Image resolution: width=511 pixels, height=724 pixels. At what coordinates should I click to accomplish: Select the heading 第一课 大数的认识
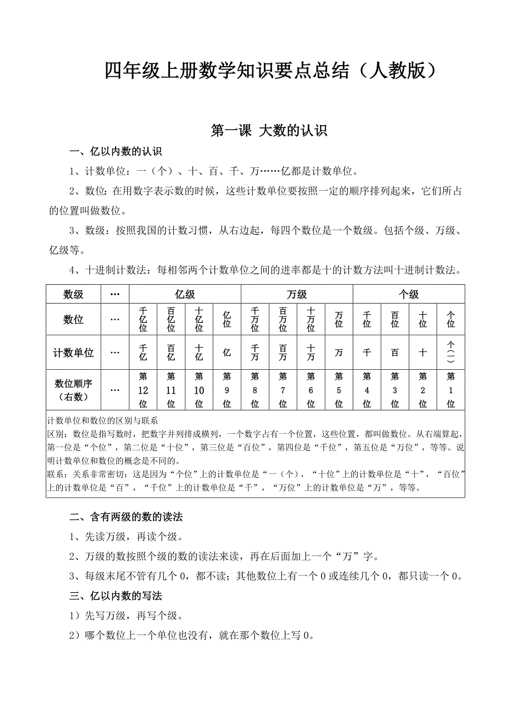(x=269, y=131)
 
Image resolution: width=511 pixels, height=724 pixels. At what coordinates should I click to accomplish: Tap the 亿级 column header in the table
(x=185, y=294)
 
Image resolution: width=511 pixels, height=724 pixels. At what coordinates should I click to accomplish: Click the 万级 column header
(x=297, y=294)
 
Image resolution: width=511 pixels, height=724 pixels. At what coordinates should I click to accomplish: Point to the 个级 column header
(x=409, y=294)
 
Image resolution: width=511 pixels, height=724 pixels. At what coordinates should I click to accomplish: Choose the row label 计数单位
(x=73, y=353)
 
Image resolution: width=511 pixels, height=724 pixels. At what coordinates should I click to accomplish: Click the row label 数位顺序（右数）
(x=73, y=390)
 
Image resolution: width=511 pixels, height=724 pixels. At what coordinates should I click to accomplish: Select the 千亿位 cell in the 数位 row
(x=143, y=320)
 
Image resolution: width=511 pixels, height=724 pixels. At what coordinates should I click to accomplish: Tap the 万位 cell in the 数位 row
(x=339, y=320)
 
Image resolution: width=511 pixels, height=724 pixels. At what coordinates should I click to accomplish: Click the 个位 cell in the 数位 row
(x=451, y=320)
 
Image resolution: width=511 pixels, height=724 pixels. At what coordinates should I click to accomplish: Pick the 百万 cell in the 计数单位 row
(x=283, y=353)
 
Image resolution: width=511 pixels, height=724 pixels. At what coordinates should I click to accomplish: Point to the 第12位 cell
(x=143, y=390)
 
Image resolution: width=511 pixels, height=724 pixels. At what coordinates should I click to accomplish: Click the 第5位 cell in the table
(x=339, y=390)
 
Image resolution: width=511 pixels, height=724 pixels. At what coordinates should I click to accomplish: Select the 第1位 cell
(x=451, y=390)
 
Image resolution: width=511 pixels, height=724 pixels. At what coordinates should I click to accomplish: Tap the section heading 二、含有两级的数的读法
(x=126, y=517)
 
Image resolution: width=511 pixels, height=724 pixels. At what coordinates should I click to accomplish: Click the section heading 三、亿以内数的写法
(x=116, y=596)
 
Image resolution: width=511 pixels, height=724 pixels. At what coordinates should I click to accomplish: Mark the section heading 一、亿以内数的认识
(x=116, y=152)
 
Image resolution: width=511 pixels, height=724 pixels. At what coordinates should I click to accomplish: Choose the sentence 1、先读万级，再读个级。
(x=126, y=537)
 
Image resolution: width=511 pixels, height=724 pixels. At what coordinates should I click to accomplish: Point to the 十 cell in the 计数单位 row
(x=423, y=353)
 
